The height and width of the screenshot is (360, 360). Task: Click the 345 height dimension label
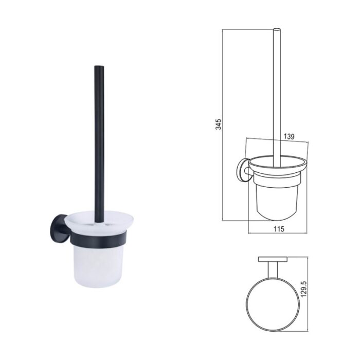[219, 124]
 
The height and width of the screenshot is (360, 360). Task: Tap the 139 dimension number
[289, 136]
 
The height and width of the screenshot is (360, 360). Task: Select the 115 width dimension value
[279, 229]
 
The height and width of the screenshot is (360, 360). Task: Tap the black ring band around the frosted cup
[99, 240]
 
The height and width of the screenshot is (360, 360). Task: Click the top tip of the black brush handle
[99, 66]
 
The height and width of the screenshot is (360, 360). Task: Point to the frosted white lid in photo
[99, 222]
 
